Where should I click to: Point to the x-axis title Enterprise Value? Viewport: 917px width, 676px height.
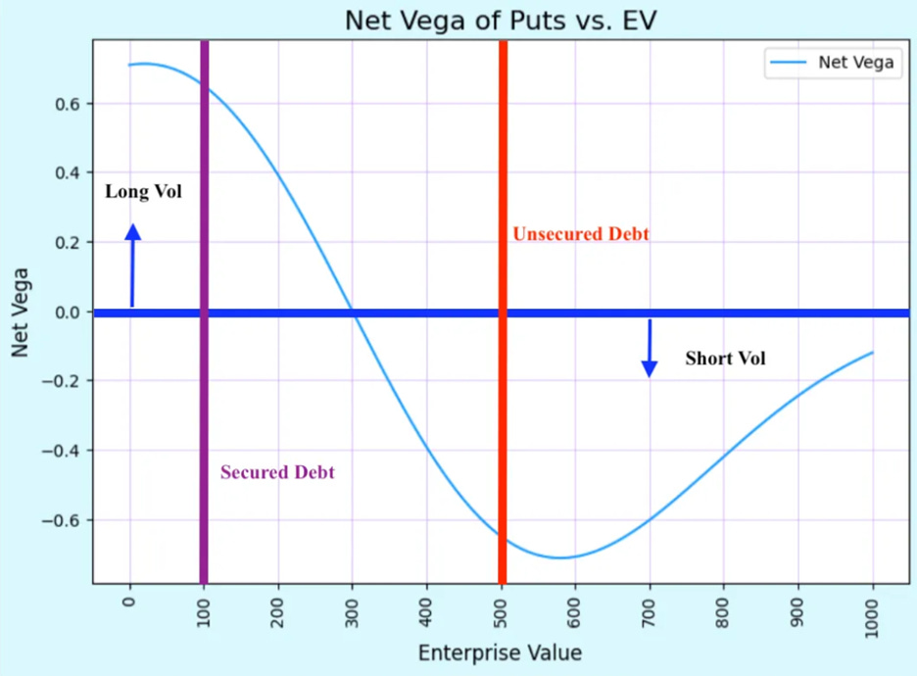click(x=500, y=652)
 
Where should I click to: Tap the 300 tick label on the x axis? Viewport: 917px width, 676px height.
click(x=353, y=613)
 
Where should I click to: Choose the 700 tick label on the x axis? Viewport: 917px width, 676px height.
click(x=650, y=613)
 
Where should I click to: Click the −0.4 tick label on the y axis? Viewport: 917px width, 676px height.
click(x=67, y=451)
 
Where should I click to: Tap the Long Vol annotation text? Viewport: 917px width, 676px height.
click(x=143, y=192)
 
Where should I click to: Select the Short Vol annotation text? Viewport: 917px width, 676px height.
click(x=725, y=359)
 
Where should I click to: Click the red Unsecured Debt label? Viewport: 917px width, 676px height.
click(x=580, y=235)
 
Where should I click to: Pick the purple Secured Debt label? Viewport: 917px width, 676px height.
click(x=277, y=472)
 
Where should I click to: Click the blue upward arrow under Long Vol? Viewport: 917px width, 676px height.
click(x=133, y=265)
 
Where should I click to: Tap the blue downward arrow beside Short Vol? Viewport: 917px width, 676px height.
click(x=649, y=348)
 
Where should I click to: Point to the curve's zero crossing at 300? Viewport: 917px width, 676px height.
click(x=353, y=313)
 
